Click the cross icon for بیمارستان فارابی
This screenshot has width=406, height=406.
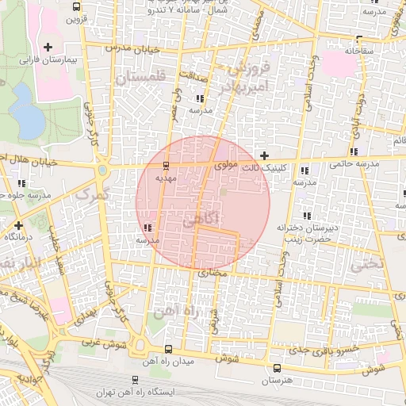(48, 47)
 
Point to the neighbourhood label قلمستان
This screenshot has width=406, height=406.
(142, 79)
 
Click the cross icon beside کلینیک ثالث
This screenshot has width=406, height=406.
(264, 155)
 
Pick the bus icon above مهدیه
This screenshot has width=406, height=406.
(166, 167)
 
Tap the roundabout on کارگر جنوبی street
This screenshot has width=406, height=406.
(102, 170)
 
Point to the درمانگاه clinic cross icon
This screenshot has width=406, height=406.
(17, 225)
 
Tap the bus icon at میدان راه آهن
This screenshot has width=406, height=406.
(167, 349)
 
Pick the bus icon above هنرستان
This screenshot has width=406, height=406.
(277, 368)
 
